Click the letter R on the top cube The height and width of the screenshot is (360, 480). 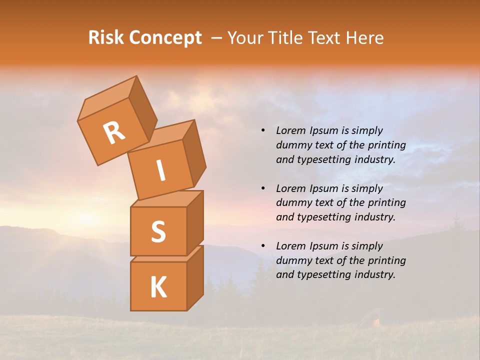pyautogui.click(x=114, y=133)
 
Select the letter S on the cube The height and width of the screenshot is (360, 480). pyautogui.click(x=158, y=231)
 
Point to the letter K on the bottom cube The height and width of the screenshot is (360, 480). pyautogui.click(x=158, y=287)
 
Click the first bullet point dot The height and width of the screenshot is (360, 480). pyautogui.click(x=263, y=130)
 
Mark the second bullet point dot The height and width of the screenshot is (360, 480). pyautogui.click(x=263, y=188)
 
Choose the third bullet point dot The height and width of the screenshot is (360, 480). pyautogui.click(x=263, y=246)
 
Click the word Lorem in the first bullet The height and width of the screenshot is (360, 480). pyautogui.click(x=290, y=130)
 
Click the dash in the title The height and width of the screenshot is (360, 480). pyautogui.click(x=216, y=38)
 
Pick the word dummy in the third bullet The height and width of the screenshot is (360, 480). pyautogui.click(x=293, y=260)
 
